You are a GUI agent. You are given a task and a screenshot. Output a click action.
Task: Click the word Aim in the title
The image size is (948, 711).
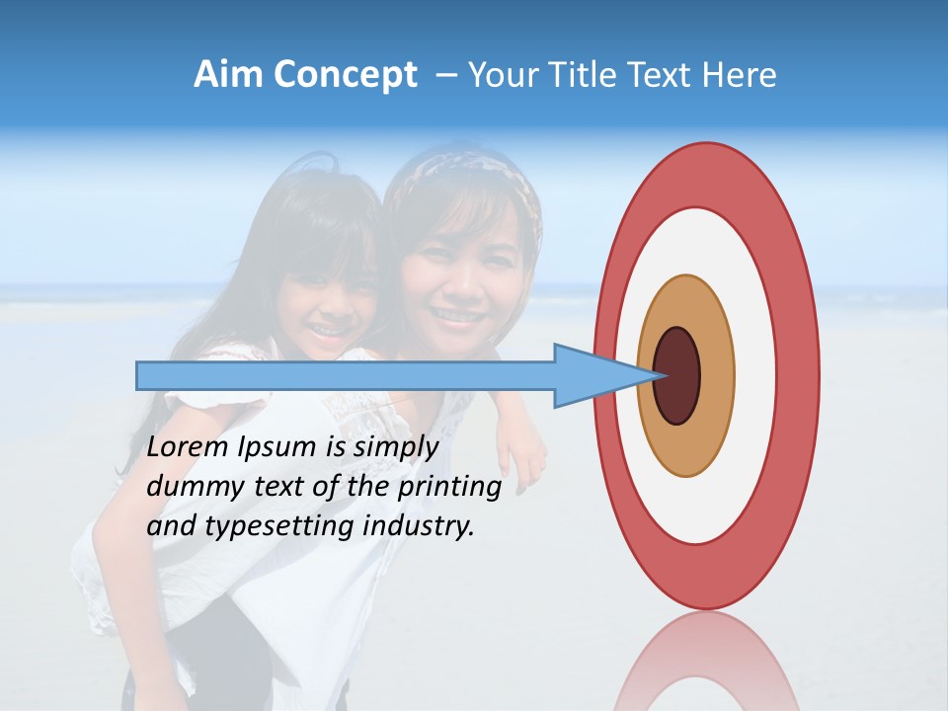click(x=228, y=74)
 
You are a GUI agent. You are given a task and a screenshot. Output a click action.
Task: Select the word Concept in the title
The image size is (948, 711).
click(x=345, y=75)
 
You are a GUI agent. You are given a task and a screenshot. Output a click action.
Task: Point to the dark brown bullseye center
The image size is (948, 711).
click(x=677, y=375)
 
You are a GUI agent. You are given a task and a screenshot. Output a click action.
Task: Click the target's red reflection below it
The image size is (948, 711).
click(x=705, y=662)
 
